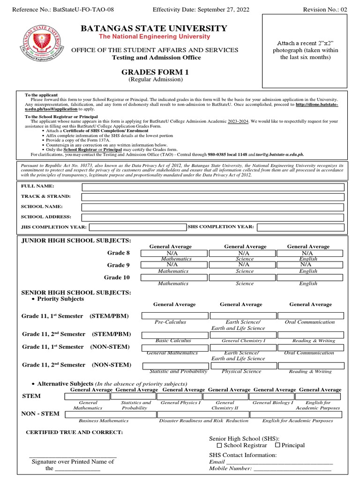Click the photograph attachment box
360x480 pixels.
point(305,51)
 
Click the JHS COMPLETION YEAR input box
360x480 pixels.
point(138,227)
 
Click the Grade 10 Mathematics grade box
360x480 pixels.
point(173,277)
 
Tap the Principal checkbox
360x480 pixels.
point(277,445)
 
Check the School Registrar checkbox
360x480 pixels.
point(219,445)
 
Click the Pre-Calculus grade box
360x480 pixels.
point(173,315)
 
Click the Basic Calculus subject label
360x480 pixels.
point(173,341)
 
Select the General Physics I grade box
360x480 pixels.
point(180,397)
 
